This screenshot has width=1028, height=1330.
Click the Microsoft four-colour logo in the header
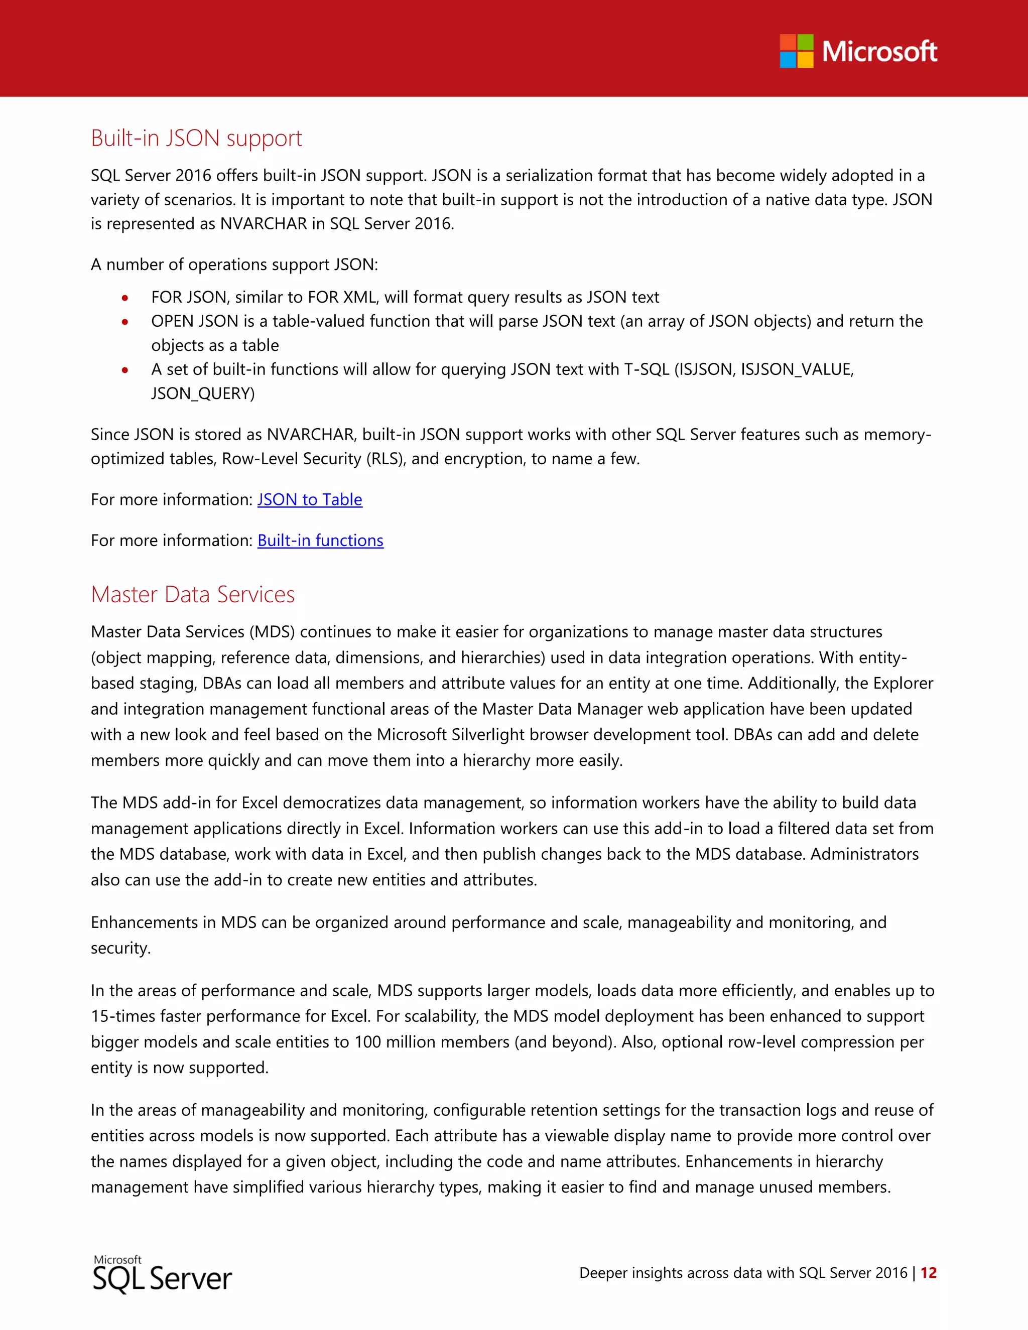(x=797, y=51)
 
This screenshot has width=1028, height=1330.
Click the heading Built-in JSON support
(x=196, y=138)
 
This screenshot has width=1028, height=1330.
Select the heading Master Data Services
(x=192, y=594)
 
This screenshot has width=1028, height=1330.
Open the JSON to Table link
(x=309, y=500)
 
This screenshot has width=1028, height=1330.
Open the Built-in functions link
(x=320, y=541)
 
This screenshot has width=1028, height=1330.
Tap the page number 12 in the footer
(x=928, y=1273)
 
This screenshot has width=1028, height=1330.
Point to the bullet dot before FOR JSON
(x=125, y=298)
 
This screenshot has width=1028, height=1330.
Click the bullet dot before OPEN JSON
(x=125, y=322)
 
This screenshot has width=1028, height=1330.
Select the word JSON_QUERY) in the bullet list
(x=203, y=394)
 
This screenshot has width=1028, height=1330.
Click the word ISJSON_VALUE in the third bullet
(x=797, y=370)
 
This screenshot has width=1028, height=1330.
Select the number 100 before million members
(x=368, y=1042)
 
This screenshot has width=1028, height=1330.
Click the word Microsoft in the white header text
(x=879, y=51)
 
